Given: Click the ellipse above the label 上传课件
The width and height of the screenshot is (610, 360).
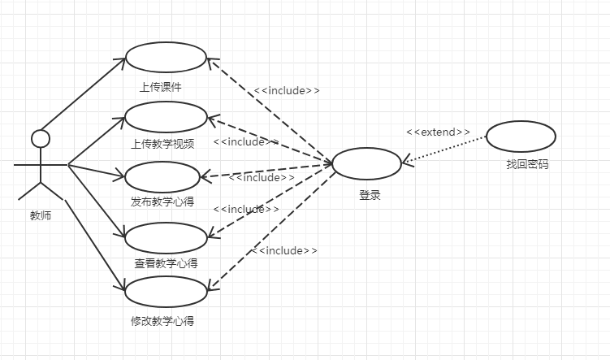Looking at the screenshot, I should pyautogui.click(x=166, y=57).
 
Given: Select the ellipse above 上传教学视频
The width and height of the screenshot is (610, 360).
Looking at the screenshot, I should pyautogui.click(x=166, y=116).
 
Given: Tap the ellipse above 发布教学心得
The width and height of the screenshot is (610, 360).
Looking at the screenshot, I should pyautogui.click(x=162, y=176).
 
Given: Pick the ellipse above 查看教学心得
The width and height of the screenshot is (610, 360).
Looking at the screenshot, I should pyautogui.click(x=167, y=236).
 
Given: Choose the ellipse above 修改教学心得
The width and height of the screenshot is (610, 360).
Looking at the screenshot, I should pyautogui.click(x=166, y=292).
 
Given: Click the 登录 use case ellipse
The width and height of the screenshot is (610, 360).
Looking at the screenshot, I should pyautogui.click(x=366, y=163).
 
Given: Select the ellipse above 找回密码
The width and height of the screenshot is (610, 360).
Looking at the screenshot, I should pyautogui.click(x=521, y=137).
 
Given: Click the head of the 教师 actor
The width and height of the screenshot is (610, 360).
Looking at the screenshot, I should pyautogui.click(x=40, y=138).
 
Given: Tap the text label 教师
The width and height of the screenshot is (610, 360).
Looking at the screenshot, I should pyautogui.click(x=41, y=216).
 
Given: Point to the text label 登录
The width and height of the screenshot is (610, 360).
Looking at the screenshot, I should pyautogui.click(x=370, y=195).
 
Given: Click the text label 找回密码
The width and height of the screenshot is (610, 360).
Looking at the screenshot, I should pyautogui.click(x=527, y=164).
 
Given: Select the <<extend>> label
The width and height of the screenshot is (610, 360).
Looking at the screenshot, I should pyautogui.click(x=438, y=132).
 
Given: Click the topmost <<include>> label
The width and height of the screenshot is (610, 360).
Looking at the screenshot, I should pyautogui.click(x=287, y=90).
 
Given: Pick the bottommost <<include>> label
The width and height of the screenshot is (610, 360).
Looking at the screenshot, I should pyautogui.click(x=283, y=250).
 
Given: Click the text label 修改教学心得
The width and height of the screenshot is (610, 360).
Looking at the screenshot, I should pyautogui.click(x=162, y=320).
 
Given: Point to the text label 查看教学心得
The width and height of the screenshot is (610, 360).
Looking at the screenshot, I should pyautogui.click(x=166, y=263).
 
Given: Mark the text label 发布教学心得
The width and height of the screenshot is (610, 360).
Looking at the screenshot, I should pyautogui.click(x=162, y=202).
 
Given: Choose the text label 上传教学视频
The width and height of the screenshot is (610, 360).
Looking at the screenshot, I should pyautogui.click(x=162, y=145).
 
